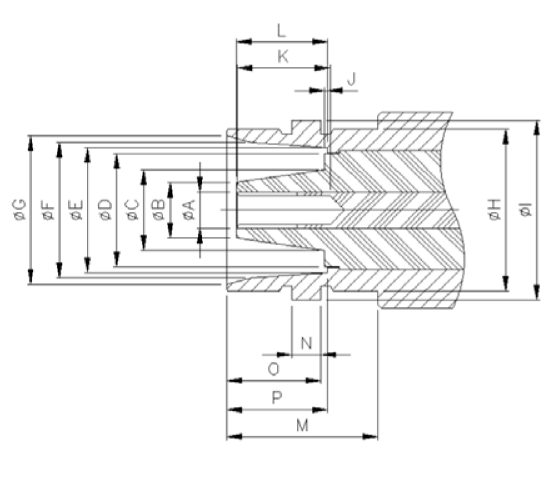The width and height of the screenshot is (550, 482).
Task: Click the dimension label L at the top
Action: (281, 30)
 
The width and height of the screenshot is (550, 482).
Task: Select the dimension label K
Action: (282, 57)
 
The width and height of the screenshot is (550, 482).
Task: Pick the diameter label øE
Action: (76, 210)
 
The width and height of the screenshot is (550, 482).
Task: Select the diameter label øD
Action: (105, 210)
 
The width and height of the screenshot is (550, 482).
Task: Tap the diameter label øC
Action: (132, 210)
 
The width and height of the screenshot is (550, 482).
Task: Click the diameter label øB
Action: (159, 210)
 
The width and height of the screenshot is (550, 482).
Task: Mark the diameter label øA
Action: (189, 210)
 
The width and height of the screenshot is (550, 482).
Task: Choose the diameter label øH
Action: (494, 210)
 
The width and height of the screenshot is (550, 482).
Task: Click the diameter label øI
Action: (526, 210)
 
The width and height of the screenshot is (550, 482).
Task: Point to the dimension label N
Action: (306, 343)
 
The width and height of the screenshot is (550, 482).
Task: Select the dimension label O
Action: (273, 369)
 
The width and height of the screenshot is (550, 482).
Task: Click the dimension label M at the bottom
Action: (302, 426)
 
